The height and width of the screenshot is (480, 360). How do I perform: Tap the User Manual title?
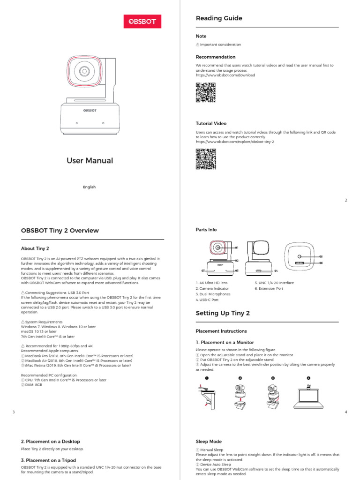[90, 160]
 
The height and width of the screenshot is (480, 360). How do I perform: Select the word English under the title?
[89, 187]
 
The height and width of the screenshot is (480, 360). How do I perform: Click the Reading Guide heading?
[219, 18]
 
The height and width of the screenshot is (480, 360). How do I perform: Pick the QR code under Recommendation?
[205, 92]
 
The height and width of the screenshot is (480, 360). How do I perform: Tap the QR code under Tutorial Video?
[205, 158]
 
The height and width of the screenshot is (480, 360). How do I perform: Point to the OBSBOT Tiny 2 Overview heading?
[60, 231]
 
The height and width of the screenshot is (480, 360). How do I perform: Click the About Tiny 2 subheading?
[35, 248]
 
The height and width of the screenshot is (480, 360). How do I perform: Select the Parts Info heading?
[206, 230]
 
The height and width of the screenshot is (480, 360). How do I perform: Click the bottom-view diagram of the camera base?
[300, 259]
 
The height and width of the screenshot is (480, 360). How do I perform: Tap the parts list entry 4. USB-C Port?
[208, 300]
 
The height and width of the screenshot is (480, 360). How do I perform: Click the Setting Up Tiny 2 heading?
[223, 313]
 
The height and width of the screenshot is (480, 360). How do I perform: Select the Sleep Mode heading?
[209, 442]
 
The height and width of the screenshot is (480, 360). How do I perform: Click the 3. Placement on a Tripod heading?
[48, 460]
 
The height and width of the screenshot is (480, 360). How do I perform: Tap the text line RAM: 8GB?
[32, 384]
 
